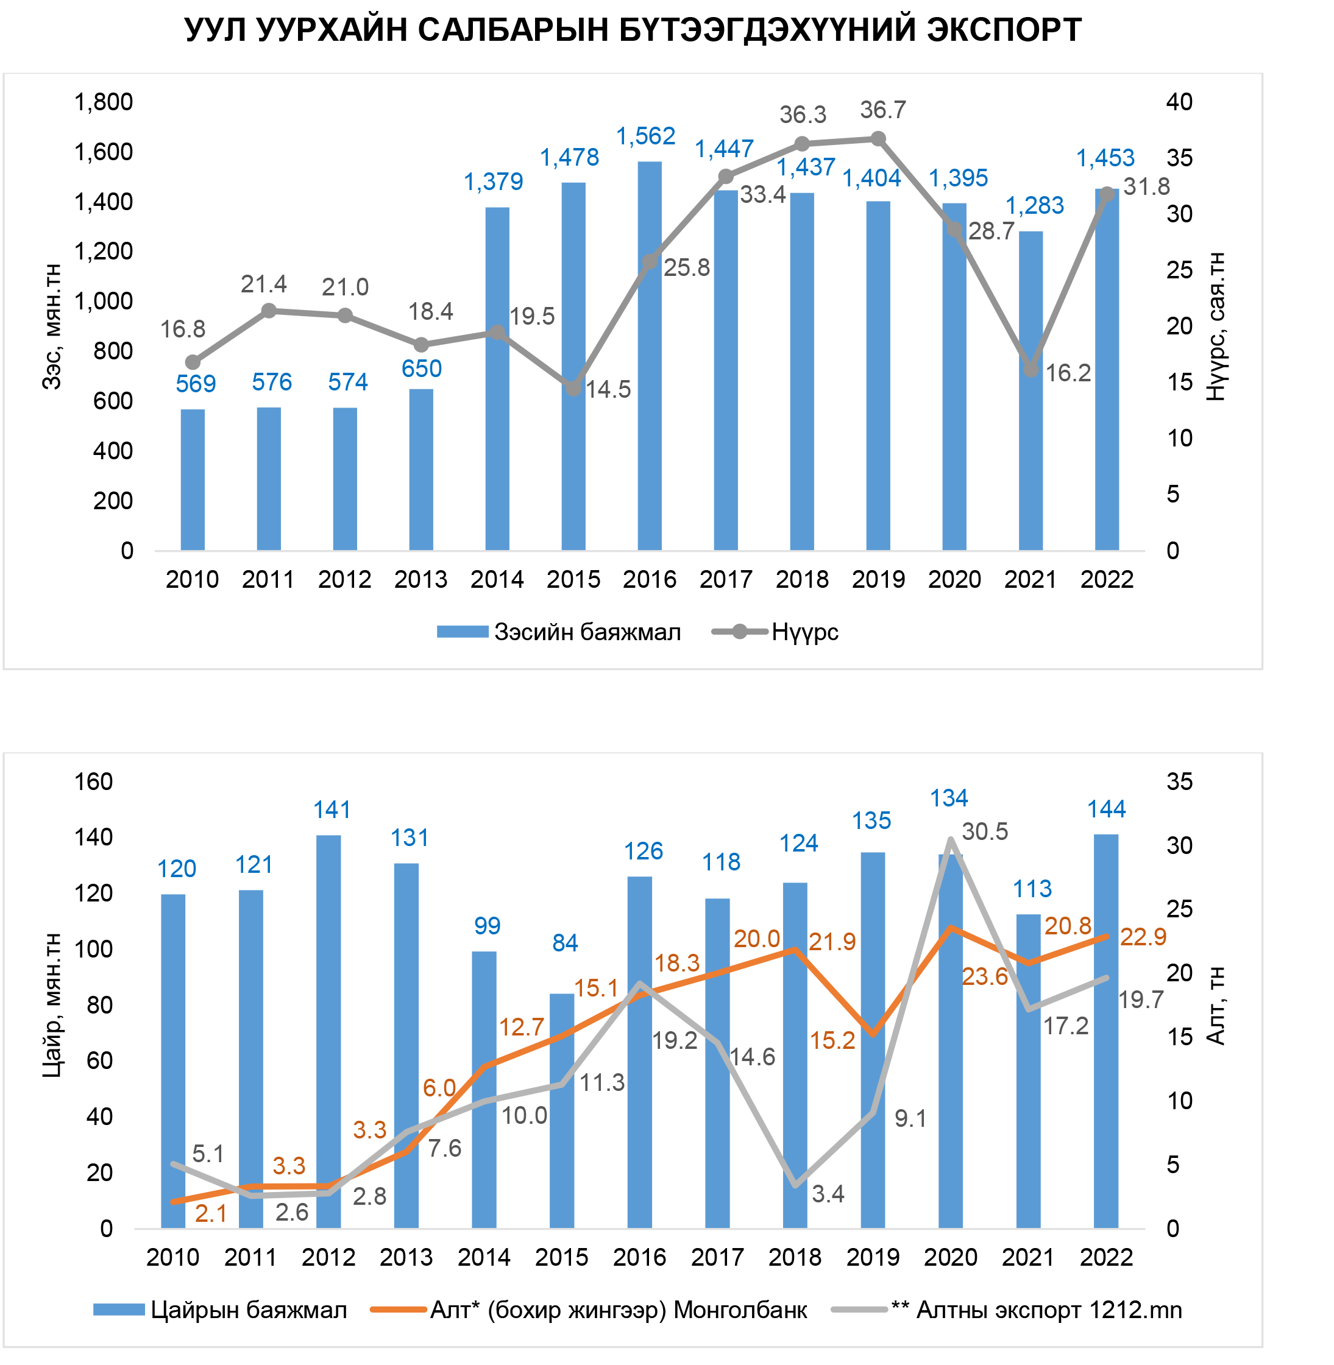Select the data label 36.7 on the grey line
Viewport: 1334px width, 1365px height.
[883, 110]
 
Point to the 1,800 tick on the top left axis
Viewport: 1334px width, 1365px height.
[104, 102]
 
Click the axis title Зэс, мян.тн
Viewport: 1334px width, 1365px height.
[52, 326]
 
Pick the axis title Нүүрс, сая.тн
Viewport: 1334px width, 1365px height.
[1216, 326]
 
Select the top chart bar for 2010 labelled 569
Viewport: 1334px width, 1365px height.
[193, 480]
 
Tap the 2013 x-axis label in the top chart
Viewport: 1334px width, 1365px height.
[420, 580]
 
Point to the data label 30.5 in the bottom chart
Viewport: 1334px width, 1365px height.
[984, 831]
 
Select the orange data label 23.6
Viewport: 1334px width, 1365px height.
[984, 976]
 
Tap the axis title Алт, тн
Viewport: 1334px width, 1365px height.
[1216, 1006]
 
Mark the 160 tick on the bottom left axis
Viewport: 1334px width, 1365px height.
[94, 781]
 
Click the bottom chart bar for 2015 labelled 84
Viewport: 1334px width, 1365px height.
[562, 1110]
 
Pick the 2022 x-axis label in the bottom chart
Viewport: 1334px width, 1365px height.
[1106, 1258]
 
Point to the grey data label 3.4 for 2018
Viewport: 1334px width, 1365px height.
[828, 1193]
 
